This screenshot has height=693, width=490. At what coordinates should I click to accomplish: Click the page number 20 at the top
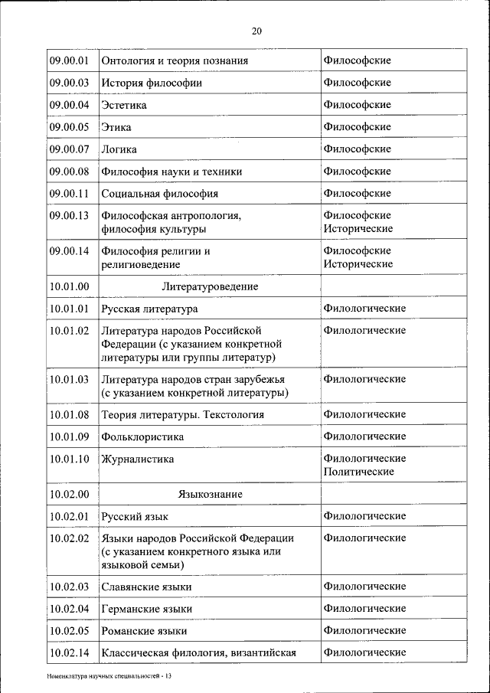(256, 31)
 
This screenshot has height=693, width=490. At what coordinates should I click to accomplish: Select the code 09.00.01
(69, 60)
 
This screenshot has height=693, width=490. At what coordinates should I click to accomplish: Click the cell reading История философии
(150, 83)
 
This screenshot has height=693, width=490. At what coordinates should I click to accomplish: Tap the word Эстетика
(123, 105)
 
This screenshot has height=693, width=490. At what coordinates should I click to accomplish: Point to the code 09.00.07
(69, 149)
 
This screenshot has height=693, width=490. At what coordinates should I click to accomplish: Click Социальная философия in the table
(159, 194)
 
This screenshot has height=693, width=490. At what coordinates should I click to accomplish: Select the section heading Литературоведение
(210, 286)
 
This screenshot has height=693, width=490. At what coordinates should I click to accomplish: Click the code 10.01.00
(69, 286)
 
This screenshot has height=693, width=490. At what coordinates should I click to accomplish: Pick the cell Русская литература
(149, 309)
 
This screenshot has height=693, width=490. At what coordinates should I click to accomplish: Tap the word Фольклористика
(142, 436)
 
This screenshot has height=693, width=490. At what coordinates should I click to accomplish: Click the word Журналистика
(137, 459)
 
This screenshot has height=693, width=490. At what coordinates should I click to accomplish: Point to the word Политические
(358, 472)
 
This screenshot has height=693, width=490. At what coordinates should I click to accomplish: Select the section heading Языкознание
(210, 495)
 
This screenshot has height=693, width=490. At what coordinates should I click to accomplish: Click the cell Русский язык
(134, 517)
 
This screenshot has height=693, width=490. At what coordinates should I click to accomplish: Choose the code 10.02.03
(69, 587)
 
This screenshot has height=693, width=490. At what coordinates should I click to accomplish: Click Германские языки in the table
(146, 609)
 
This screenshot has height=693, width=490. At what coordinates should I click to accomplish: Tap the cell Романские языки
(144, 631)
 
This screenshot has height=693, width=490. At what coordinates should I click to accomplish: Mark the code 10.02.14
(69, 653)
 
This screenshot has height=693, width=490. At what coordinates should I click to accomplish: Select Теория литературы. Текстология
(182, 414)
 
